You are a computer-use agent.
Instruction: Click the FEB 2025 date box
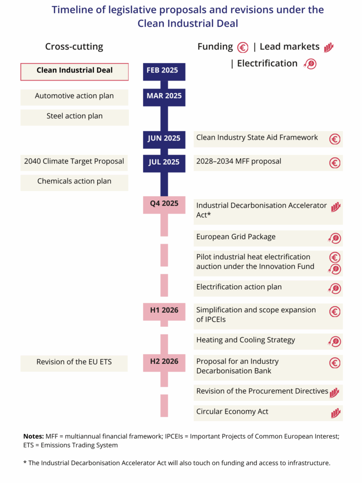(164, 72)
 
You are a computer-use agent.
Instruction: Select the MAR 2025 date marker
(164, 97)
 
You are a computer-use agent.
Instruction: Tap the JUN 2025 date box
(164, 140)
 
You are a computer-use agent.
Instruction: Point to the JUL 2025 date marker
(164, 163)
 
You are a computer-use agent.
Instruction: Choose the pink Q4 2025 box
(164, 205)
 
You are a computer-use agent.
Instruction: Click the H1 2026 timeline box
(164, 312)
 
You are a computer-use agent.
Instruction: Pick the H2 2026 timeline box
(164, 363)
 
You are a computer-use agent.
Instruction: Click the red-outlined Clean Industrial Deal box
(75, 72)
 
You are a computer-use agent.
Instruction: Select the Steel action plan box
(75, 117)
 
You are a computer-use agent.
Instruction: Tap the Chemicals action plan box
(74, 183)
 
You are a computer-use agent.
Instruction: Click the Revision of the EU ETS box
(74, 363)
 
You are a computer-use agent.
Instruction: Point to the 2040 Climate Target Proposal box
(74, 163)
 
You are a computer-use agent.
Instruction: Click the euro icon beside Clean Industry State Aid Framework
(335, 139)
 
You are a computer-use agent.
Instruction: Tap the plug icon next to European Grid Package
(335, 238)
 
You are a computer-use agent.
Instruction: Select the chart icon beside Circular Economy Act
(336, 413)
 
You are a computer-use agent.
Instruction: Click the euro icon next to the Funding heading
(243, 48)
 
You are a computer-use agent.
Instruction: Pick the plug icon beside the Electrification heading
(310, 64)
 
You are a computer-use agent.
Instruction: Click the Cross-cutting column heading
(74, 47)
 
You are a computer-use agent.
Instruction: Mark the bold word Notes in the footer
(34, 436)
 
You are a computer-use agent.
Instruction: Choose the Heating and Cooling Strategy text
(246, 340)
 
